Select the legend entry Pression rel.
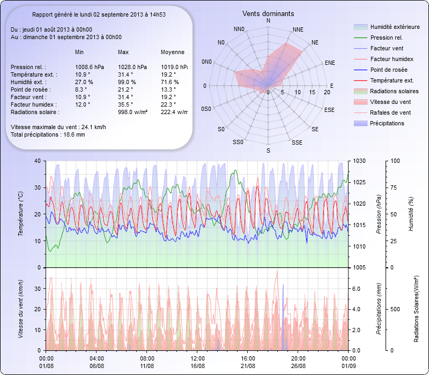click(386, 38)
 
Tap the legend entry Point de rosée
click(388, 70)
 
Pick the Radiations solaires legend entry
click(395, 91)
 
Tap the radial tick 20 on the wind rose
click(327, 93)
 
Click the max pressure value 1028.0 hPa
click(132, 67)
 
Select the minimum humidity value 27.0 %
click(84, 82)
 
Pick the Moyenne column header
click(173, 52)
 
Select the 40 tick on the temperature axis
click(36, 161)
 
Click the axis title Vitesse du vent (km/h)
click(21, 309)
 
